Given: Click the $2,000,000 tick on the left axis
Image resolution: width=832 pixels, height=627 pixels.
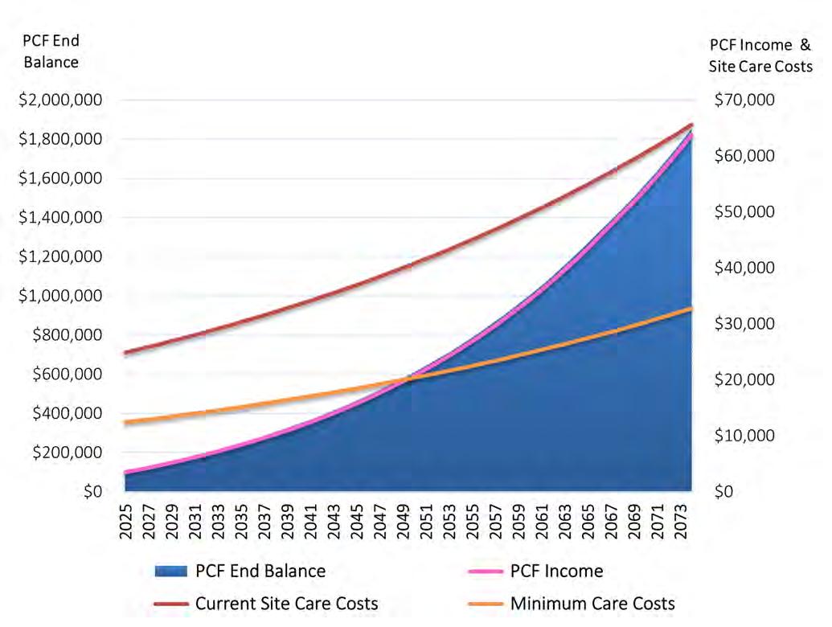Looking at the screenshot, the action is point(60,100).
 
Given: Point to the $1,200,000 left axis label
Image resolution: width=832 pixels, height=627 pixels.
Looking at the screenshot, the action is point(60,256).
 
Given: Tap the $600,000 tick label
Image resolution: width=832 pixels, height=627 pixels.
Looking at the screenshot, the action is point(67,374).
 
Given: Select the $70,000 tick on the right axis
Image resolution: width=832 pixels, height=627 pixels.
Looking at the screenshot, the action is point(744,100).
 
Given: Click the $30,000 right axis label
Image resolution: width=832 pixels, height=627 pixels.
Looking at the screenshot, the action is point(744,324).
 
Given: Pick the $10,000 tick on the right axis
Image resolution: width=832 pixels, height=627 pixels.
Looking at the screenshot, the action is point(744,436).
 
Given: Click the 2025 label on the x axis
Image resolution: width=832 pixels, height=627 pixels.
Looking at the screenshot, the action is point(125,522).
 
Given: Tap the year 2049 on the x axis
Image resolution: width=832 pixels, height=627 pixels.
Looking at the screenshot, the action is point(404,522).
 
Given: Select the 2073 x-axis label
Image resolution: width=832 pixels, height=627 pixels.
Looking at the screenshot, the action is point(682,522).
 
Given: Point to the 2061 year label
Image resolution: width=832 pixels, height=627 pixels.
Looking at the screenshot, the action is point(543,522).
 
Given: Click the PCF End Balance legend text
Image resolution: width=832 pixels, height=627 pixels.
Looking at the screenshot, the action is point(260,571).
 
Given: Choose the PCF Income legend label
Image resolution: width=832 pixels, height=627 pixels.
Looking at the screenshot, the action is point(556,571).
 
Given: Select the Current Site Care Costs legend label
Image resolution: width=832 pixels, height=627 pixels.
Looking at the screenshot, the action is point(286,603).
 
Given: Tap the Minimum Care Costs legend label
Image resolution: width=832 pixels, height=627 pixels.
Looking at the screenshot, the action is point(592,603).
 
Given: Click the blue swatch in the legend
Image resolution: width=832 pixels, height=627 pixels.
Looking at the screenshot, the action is point(171,571).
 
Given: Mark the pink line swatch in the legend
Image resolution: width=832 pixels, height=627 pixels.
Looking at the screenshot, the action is point(486,572).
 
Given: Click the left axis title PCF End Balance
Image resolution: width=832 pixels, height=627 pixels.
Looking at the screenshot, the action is point(51,51).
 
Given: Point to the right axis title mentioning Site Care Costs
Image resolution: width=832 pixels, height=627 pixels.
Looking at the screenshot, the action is point(760,55).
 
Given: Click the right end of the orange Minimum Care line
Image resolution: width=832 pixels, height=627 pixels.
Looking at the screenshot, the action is point(691,308).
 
